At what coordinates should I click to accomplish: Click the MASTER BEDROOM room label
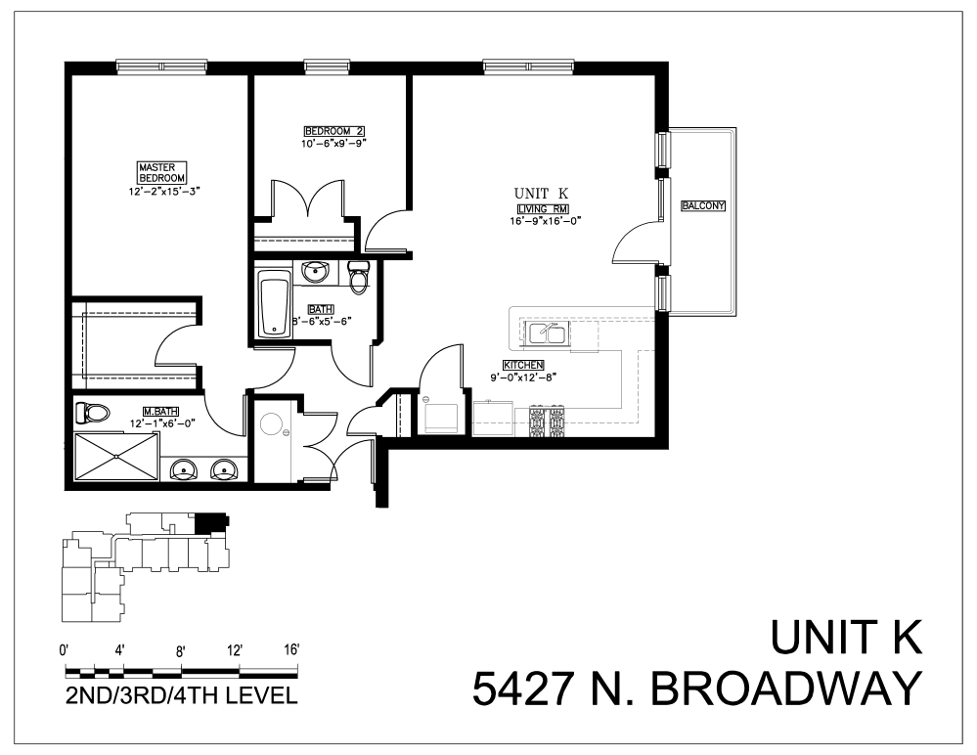(161, 173)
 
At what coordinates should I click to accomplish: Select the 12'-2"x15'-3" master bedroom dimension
(163, 192)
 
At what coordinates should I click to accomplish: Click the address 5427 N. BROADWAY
(696, 688)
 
